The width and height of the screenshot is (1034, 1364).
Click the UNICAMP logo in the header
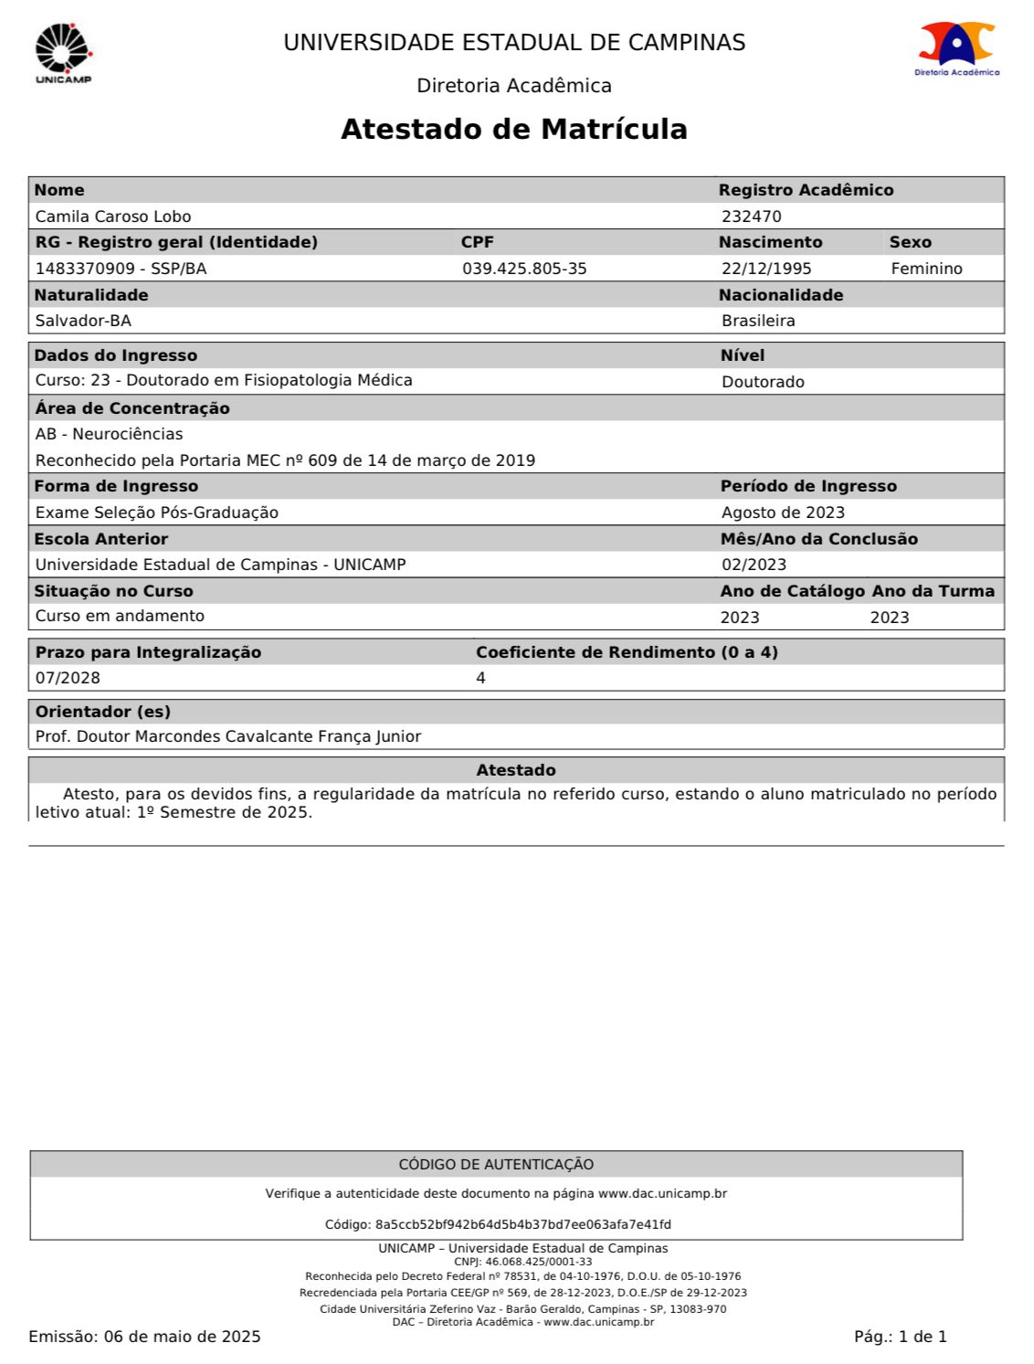pyautogui.click(x=64, y=53)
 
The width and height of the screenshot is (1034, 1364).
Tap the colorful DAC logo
pyautogui.click(x=956, y=47)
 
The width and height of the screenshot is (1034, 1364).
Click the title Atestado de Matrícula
pyautogui.click(x=513, y=129)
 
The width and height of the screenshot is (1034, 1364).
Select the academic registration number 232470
pyautogui.click(x=751, y=217)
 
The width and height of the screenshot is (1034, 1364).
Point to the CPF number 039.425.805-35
pyautogui.click(x=524, y=269)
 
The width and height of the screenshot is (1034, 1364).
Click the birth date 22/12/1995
pyautogui.click(x=766, y=269)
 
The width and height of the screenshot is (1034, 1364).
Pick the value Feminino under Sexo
pyautogui.click(x=926, y=269)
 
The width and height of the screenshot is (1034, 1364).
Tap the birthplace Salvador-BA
pyautogui.click(x=83, y=321)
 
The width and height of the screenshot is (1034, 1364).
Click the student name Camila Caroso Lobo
pyautogui.click(x=113, y=217)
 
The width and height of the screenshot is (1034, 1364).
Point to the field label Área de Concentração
pyautogui.click(x=132, y=408)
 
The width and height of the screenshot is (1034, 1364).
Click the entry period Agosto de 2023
pyautogui.click(x=783, y=513)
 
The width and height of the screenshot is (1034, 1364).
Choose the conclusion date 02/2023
pyautogui.click(x=754, y=565)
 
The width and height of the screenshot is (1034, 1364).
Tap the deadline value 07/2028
pyautogui.click(x=68, y=678)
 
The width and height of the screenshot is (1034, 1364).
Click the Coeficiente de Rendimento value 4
pyautogui.click(x=481, y=678)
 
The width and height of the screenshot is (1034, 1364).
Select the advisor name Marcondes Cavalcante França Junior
pyautogui.click(x=278, y=736)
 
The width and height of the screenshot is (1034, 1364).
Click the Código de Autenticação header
pyautogui.click(x=496, y=1164)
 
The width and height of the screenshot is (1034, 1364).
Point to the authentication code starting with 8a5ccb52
pyautogui.click(x=522, y=1224)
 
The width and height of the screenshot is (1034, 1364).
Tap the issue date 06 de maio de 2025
pyautogui.click(x=183, y=1337)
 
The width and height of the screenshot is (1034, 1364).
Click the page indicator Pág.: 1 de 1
pyautogui.click(x=900, y=1337)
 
